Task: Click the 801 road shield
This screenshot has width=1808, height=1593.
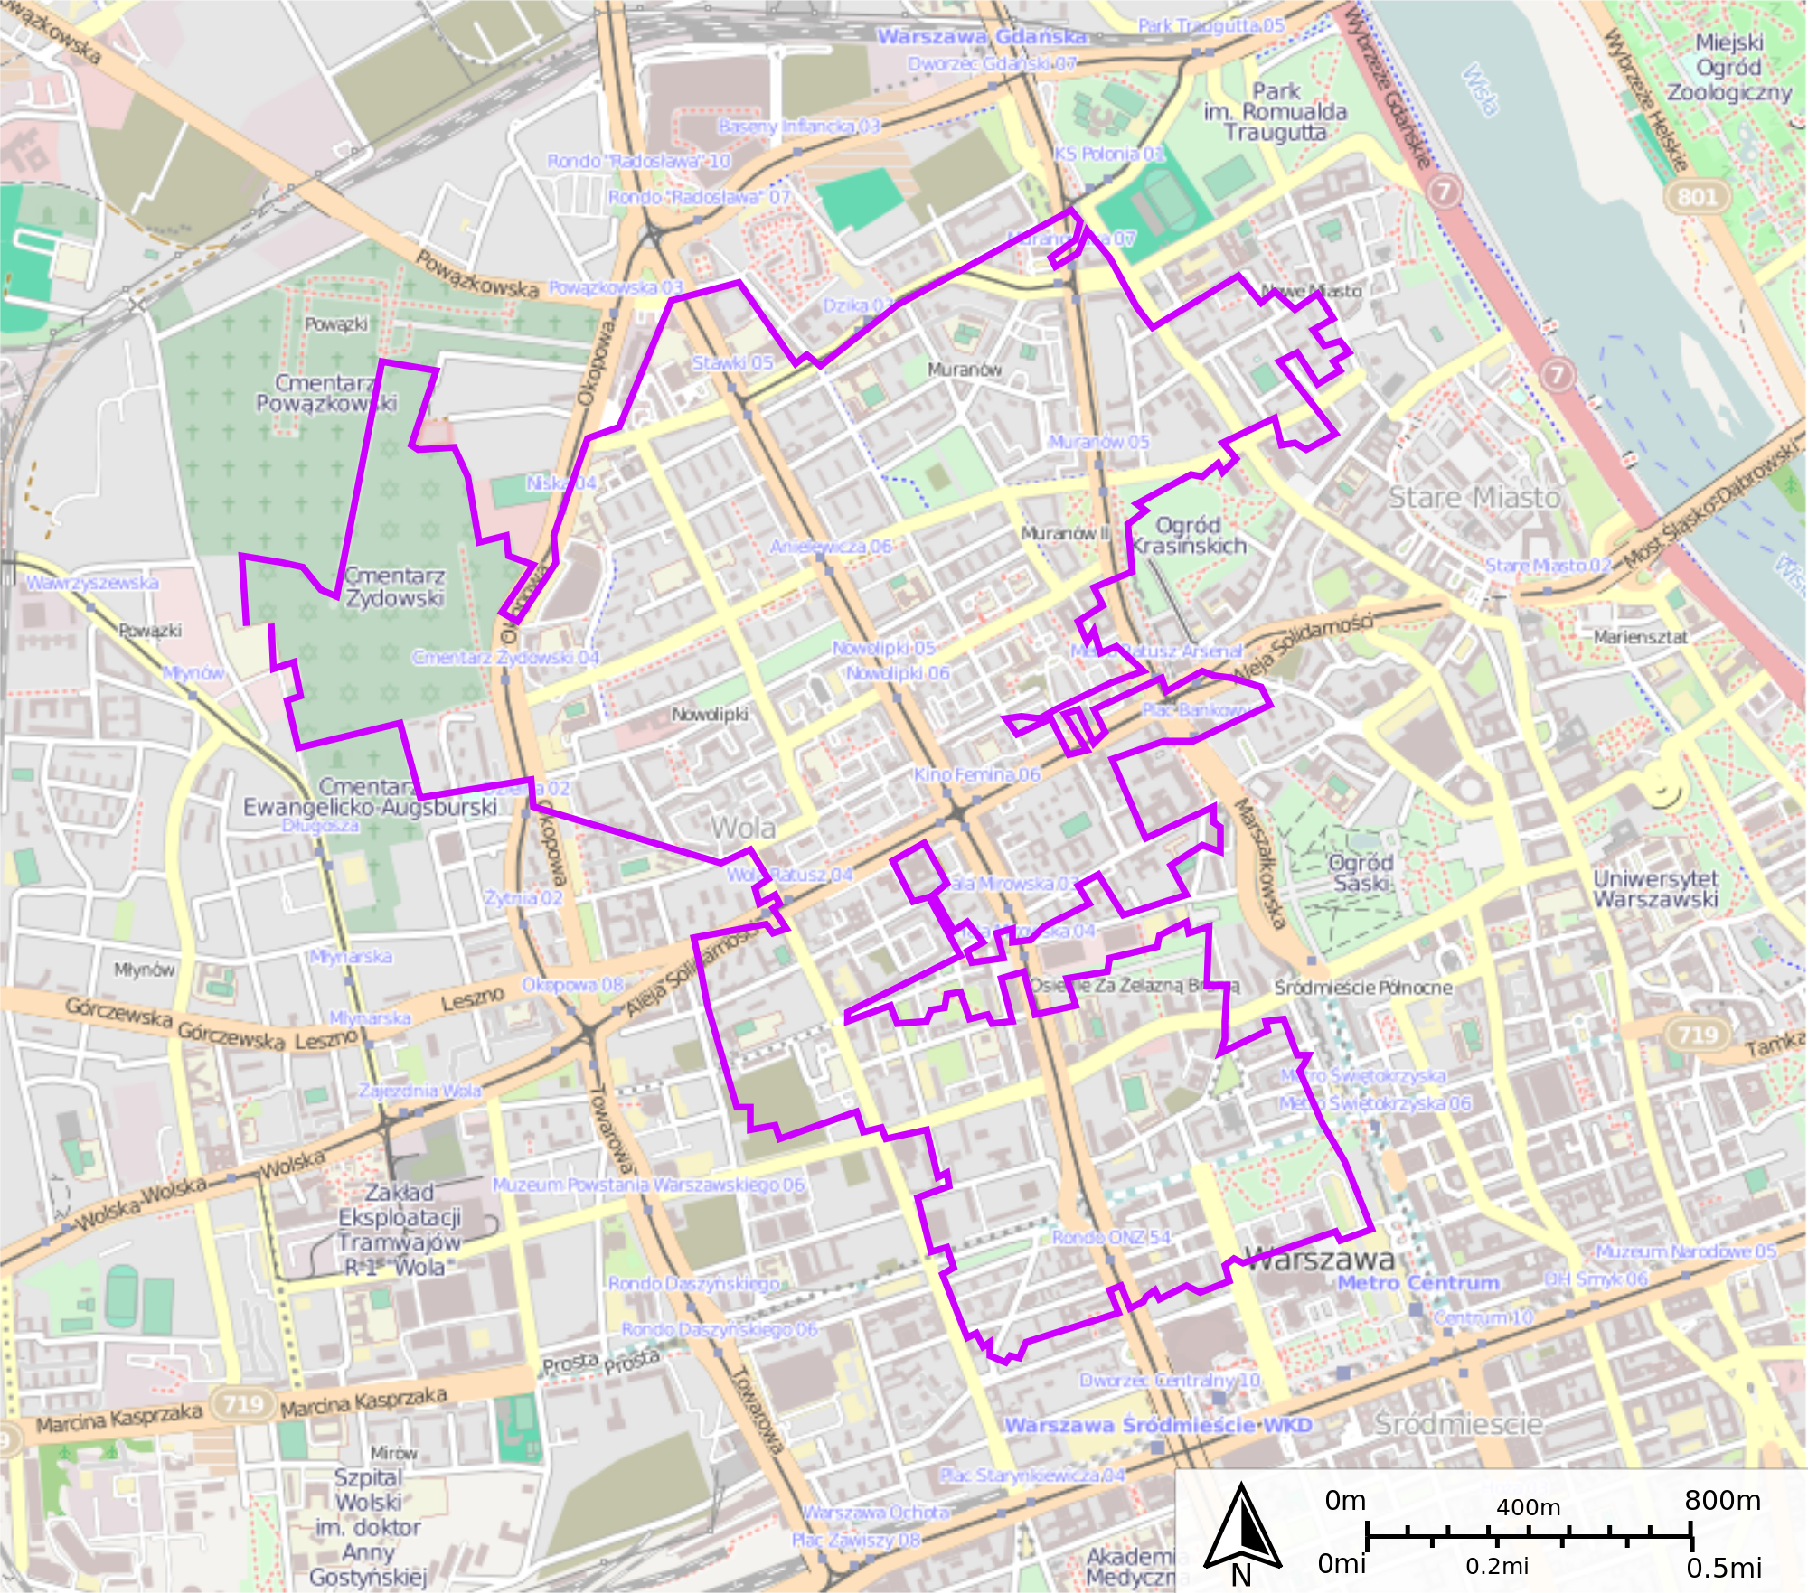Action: coord(1697,197)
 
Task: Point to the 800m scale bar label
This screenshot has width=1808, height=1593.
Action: coord(1722,1501)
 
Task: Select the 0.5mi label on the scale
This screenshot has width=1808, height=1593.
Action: coord(1724,1568)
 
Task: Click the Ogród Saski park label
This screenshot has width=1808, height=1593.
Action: coord(1361,872)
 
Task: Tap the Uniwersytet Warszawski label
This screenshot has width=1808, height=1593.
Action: coord(1655,888)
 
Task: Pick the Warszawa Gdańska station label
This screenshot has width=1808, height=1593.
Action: coord(983,37)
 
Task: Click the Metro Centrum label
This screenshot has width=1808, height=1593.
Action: coord(1417,1283)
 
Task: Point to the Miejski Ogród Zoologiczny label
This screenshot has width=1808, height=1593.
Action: coord(1728,68)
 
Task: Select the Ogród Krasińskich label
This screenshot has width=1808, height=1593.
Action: coord(1188,535)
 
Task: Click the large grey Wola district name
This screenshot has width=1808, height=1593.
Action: coord(742,827)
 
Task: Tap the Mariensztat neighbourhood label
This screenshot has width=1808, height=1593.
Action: coord(1640,637)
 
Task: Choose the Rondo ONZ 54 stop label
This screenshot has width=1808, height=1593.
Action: coord(1111,1237)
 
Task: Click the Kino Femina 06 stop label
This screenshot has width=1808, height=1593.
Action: coord(976,774)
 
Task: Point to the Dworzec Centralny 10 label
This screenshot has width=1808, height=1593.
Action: coord(1170,1381)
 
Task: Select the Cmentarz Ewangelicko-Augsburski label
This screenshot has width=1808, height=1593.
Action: coord(370,797)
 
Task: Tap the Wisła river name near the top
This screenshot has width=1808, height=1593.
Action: coord(1480,89)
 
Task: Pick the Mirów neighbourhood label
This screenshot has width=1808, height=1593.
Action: coord(393,1453)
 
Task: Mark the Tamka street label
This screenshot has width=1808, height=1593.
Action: coord(1775,1045)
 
